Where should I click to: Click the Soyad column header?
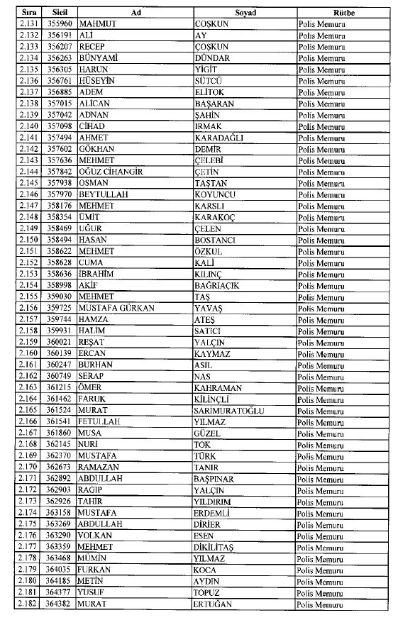click(245, 13)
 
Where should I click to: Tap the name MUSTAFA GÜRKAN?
click(111, 309)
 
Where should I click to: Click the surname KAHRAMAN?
click(217, 388)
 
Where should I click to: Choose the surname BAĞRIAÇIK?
click(216, 286)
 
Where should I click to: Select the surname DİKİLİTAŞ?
click(217, 548)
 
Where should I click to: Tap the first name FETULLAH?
click(94, 422)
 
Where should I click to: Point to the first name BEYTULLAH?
click(96, 194)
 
